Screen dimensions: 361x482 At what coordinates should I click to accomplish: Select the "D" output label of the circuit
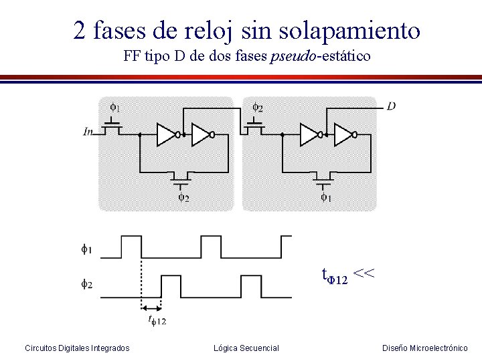coord(392,106)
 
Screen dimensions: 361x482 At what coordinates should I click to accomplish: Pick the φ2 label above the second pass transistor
coord(257,107)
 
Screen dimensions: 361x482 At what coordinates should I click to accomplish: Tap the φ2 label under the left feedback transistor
coord(183,198)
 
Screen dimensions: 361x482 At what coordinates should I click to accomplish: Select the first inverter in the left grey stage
coord(167,134)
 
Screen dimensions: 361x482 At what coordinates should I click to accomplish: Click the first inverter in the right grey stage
coord(310,134)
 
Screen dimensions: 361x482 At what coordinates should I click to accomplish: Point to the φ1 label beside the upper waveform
coord(87,249)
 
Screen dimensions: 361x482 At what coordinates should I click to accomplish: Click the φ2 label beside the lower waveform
coord(87,284)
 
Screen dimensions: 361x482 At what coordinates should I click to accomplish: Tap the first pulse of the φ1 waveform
coord(131,246)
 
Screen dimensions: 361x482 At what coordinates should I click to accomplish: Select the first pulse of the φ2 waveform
coord(171,286)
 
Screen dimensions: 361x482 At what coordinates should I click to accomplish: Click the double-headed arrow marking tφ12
coord(151,308)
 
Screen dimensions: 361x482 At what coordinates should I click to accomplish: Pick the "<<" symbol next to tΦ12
coord(364,274)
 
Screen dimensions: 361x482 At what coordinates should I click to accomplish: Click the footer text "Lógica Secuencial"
coord(246,348)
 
